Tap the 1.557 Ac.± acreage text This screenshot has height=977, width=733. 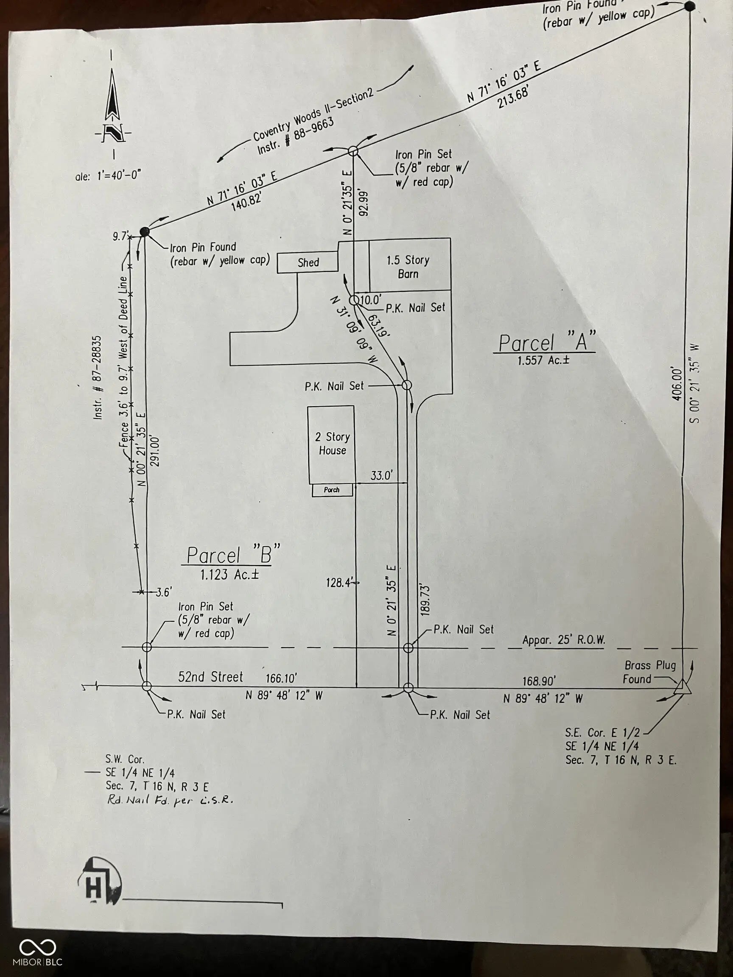coord(543,360)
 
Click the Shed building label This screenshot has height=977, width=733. coord(308,262)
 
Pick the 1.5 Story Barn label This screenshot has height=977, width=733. coord(408,267)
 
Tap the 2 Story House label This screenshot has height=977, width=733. coord(332,444)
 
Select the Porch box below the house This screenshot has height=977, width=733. coord(332,490)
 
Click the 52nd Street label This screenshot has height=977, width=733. coord(211,677)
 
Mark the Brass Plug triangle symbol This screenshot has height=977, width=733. coord(682,687)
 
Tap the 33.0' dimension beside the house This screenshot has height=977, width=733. coord(381,476)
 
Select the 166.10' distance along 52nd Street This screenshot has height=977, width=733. coord(281,678)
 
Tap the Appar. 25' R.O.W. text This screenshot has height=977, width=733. coord(563,640)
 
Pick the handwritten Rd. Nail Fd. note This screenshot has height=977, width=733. coord(170,800)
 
